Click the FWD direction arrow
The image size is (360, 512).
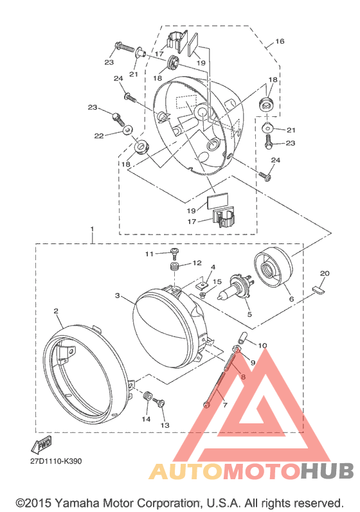click(x=41, y=444)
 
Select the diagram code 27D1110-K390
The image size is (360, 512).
click(x=56, y=461)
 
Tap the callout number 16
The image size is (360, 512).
click(x=280, y=41)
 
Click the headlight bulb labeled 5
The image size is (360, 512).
click(x=236, y=287)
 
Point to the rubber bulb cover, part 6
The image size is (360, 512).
click(x=273, y=267)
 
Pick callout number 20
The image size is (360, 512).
click(x=325, y=273)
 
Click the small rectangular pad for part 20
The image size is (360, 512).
click(x=318, y=290)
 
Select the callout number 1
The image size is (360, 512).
click(x=92, y=229)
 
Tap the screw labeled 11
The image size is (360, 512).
click(x=174, y=254)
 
